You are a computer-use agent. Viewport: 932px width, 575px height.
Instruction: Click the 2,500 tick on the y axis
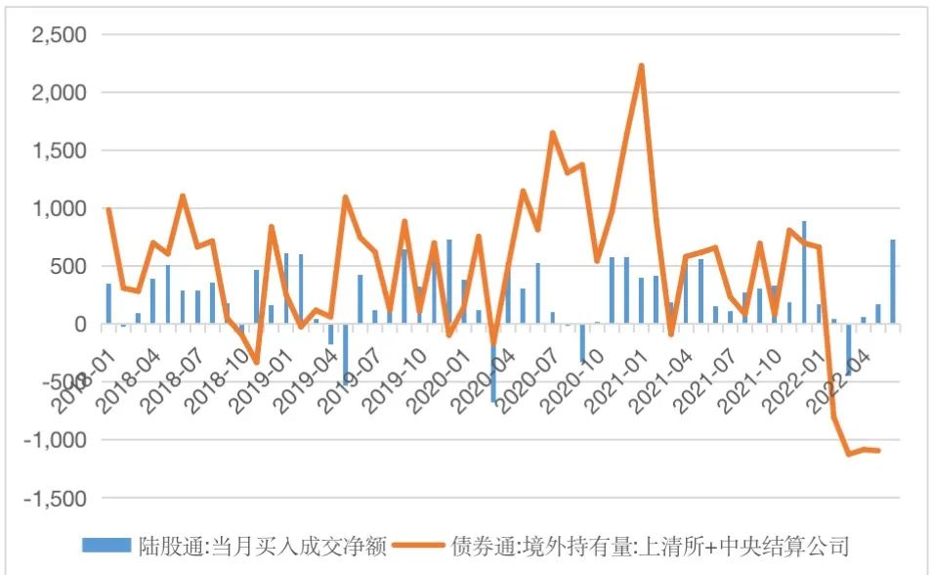click(60, 35)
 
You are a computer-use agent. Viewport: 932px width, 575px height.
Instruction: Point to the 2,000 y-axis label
click(60, 93)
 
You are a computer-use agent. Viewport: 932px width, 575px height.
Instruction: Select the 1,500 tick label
click(60, 151)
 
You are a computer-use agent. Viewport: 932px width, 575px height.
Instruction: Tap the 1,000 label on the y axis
click(60, 208)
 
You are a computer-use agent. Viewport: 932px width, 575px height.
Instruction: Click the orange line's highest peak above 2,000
click(641, 66)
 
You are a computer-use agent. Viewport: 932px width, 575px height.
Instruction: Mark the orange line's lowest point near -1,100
click(849, 454)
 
